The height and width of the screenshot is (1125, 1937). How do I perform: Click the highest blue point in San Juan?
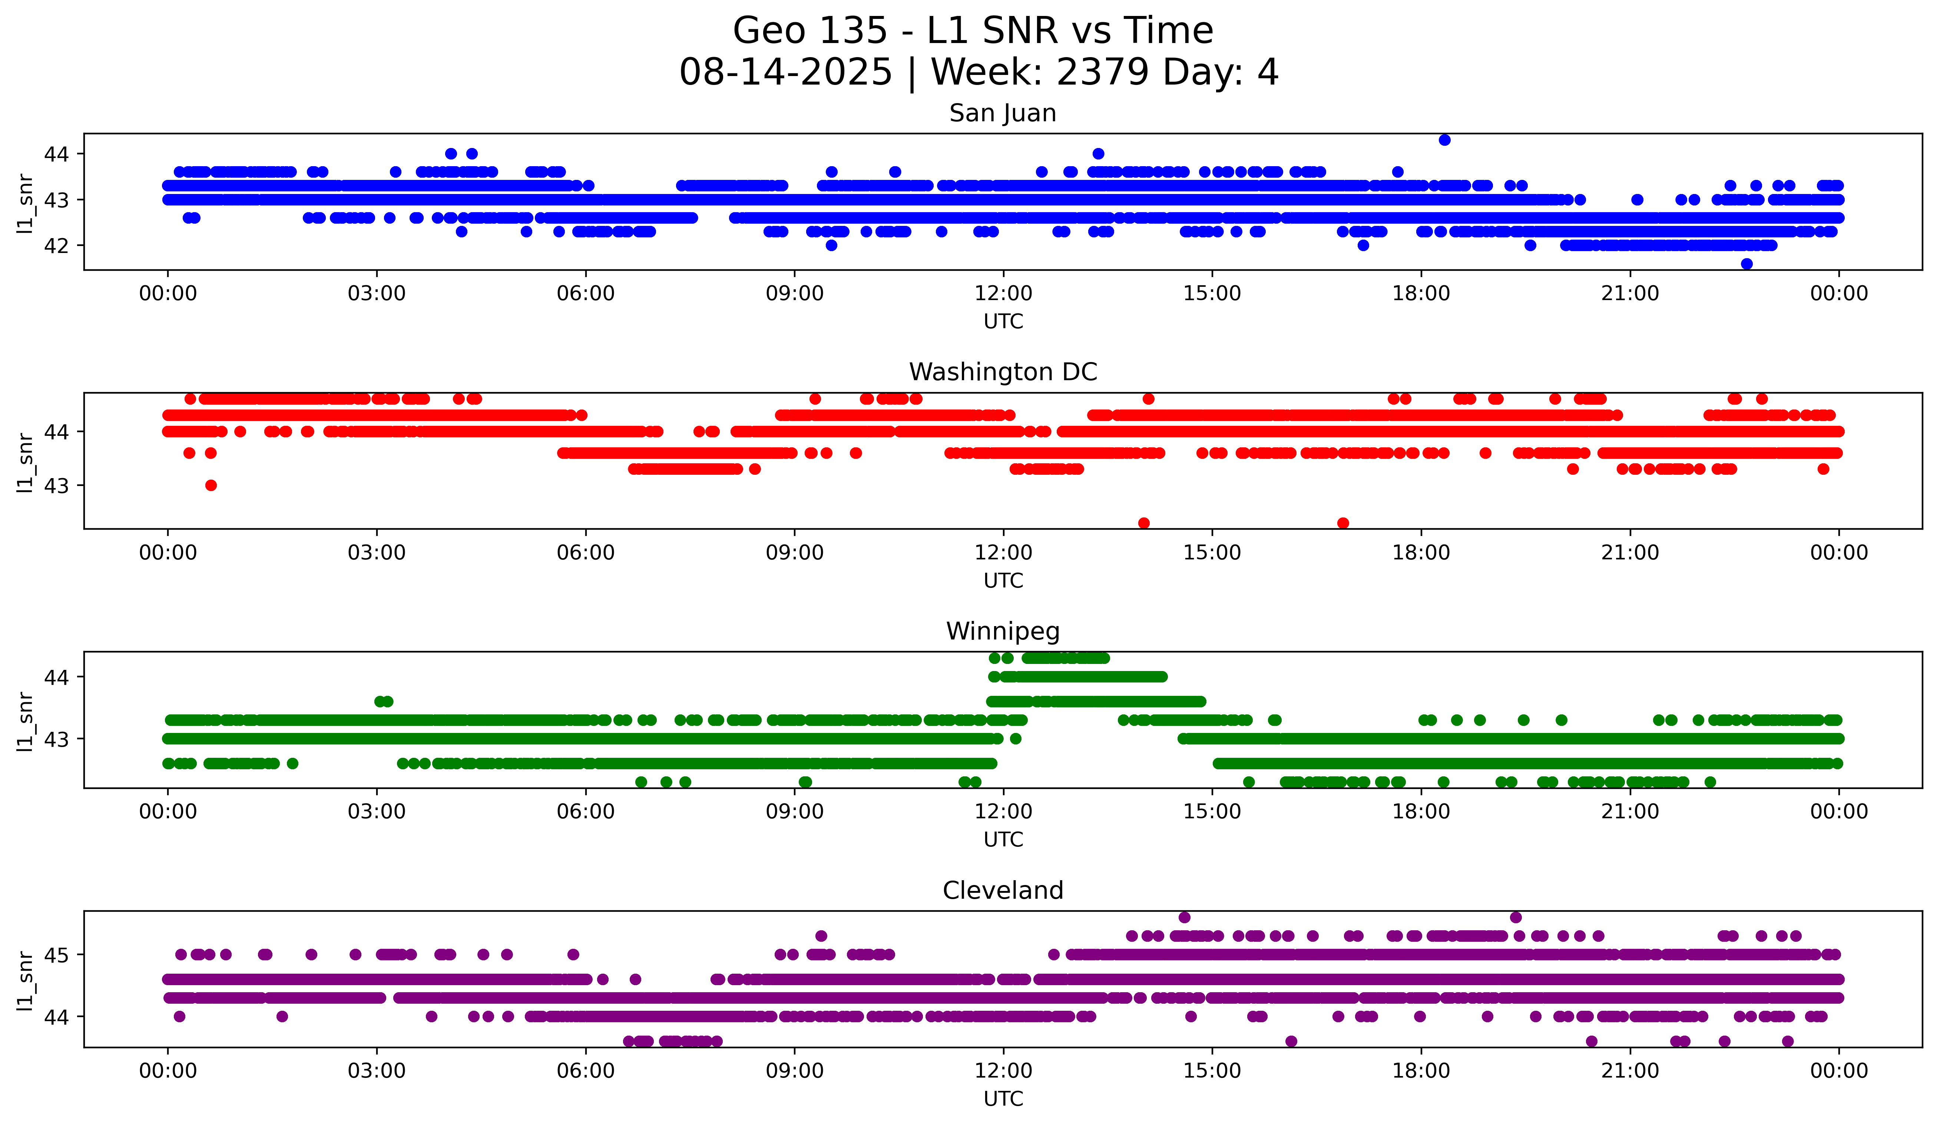pyautogui.click(x=1444, y=140)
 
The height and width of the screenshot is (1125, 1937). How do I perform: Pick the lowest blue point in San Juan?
pyautogui.click(x=1746, y=264)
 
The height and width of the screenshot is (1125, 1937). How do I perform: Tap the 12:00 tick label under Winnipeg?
pyautogui.click(x=1003, y=811)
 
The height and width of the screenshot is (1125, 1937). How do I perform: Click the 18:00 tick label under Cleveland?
pyautogui.click(x=1420, y=1070)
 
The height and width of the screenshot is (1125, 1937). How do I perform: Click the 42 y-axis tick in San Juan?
pyautogui.click(x=56, y=245)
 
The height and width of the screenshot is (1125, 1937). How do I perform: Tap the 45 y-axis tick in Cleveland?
pyautogui.click(x=56, y=955)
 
